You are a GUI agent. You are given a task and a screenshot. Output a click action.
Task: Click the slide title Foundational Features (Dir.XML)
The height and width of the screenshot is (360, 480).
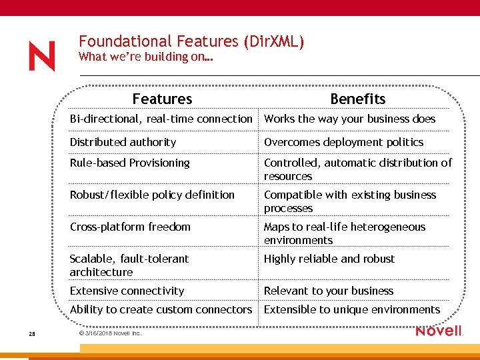pyautogui.click(x=191, y=41)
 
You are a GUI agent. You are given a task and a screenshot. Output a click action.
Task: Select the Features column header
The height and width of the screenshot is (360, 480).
pyautogui.click(x=162, y=99)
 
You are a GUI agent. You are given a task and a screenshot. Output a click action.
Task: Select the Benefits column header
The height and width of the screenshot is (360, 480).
pyautogui.click(x=357, y=99)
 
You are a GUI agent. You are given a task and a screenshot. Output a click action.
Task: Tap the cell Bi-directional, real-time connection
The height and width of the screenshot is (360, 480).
pyautogui.click(x=161, y=119)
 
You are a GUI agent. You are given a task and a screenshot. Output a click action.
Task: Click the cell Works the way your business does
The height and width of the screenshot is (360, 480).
pyautogui.click(x=349, y=119)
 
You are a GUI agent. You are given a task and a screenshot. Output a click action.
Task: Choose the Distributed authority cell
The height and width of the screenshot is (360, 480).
pyautogui.click(x=123, y=142)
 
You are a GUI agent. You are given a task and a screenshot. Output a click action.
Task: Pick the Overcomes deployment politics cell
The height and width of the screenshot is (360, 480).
pyautogui.click(x=343, y=142)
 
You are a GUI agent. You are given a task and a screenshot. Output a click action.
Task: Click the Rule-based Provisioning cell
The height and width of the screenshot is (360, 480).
pyautogui.click(x=130, y=163)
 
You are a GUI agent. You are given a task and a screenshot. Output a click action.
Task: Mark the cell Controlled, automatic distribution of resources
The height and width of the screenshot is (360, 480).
pyautogui.click(x=357, y=169)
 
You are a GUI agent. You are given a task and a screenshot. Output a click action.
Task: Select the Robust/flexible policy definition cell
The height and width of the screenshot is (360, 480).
pyautogui.click(x=152, y=195)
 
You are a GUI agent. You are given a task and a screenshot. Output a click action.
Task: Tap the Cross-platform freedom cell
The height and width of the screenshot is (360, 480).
pyautogui.click(x=130, y=227)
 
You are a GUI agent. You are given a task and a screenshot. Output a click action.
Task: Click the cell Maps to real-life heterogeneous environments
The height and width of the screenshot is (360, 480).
pyautogui.click(x=344, y=233)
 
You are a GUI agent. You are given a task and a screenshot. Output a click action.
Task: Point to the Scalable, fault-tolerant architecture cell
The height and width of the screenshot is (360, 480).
pyautogui.click(x=129, y=265)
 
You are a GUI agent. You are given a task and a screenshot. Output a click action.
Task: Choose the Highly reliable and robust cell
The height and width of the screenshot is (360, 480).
pyautogui.click(x=329, y=259)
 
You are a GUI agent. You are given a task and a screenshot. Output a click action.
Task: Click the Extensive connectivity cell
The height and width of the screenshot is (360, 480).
pyautogui.click(x=127, y=291)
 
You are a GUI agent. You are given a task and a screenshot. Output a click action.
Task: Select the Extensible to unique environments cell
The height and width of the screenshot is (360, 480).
pyautogui.click(x=352, y=309)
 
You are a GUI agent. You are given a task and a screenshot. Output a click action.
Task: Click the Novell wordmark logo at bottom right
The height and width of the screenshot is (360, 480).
pyautogui.click(x=439, y=331)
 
